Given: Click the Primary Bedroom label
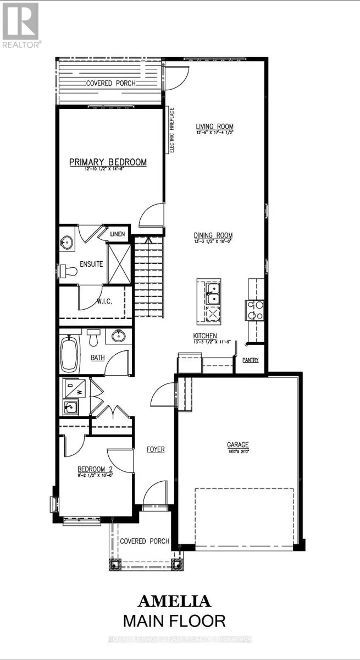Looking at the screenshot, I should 108,162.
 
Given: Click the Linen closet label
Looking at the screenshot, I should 118,234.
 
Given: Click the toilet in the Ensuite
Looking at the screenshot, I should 68,271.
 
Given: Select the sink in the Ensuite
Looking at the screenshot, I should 69,243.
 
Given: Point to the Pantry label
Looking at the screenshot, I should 250,360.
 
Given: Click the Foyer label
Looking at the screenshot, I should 156,449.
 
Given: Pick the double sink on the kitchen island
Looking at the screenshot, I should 212,293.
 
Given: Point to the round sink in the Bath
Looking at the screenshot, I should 118,335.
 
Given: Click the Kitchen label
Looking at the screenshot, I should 204,336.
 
